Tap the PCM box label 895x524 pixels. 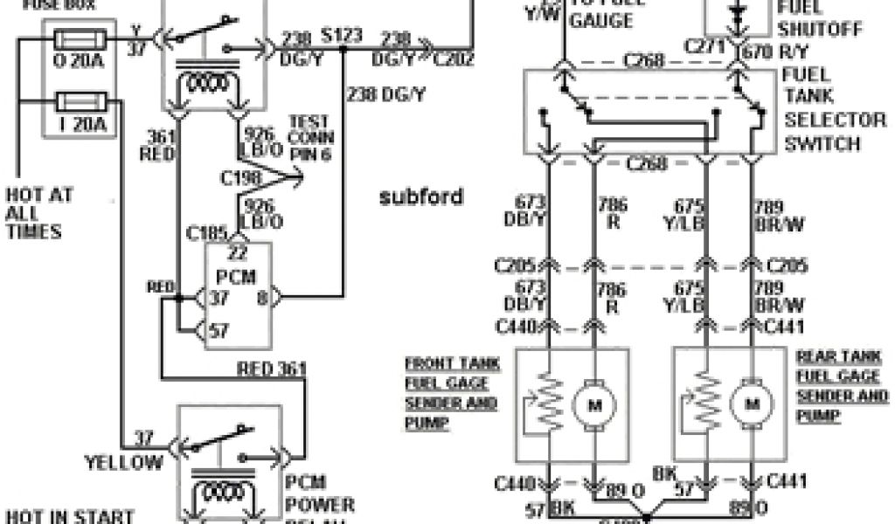(238, 277)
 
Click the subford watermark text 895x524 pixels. (421, 196)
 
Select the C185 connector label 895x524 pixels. (206, 234)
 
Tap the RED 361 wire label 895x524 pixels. (272, 369)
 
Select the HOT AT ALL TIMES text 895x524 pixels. (38, 212)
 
